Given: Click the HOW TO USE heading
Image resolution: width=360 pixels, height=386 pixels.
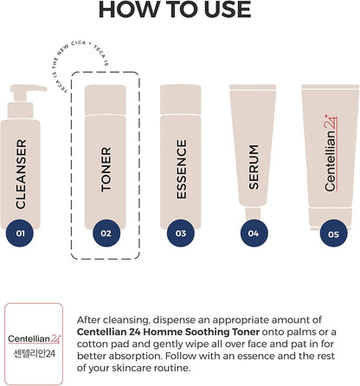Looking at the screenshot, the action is [x=175, y=9].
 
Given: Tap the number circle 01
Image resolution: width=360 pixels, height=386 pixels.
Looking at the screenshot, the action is [x=20, y=233].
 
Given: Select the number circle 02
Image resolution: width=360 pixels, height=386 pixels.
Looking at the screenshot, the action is [x=106, y=233].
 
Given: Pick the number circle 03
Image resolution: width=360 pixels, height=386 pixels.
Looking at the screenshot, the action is [x=181, y=233].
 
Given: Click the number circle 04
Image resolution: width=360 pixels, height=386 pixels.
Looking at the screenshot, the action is [x=254, y=233].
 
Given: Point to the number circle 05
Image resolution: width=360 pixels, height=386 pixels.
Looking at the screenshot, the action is [x=333, y=233].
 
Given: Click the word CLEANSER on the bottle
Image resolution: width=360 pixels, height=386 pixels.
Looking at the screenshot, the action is [x=21, y=174].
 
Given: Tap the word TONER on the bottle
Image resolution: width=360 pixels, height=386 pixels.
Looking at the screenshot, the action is [x=106, y=170].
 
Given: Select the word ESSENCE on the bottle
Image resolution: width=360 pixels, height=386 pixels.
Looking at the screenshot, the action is [x=182, y=169].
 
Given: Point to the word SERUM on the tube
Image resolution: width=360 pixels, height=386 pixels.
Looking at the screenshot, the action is [x=254, y=167].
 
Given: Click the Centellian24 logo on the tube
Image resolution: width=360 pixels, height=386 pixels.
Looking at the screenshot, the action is [x=331, y=153].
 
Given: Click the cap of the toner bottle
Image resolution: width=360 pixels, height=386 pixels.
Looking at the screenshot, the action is [x=106, y=100].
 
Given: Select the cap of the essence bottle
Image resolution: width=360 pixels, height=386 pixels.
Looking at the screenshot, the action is [x=181, y=100].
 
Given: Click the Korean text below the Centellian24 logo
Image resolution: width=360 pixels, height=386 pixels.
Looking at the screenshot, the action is [x=35, y=354].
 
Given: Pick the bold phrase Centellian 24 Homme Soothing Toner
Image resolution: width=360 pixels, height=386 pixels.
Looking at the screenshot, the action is [x=168, y=331].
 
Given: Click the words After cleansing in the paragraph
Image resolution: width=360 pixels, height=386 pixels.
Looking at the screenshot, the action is [x=113, y=320].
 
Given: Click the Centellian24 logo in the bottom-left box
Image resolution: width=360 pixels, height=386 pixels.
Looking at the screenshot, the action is [x=35, y=339].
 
